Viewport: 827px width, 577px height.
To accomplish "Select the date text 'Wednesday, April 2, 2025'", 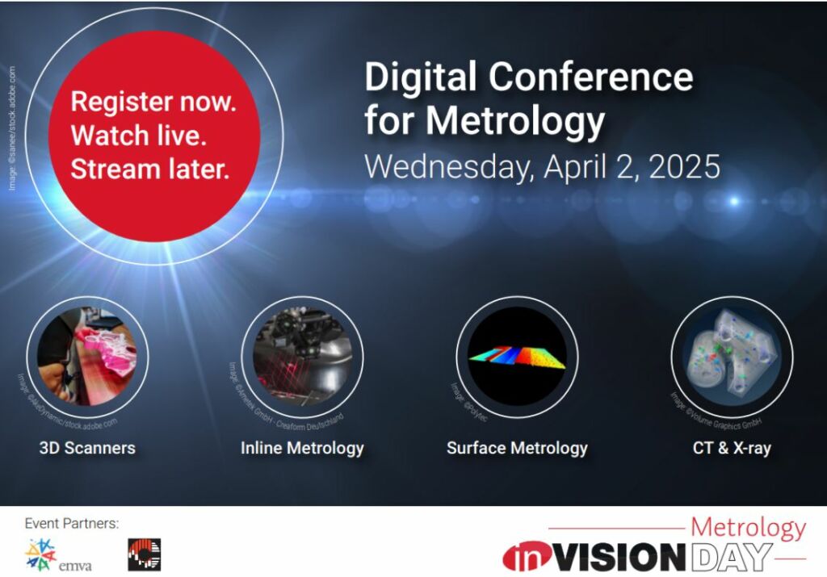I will click(541, 166).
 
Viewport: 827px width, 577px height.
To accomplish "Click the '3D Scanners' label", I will click(87, 447).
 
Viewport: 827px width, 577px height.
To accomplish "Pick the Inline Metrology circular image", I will click(302, 356).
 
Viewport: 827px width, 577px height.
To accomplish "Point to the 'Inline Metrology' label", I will click(302, 447).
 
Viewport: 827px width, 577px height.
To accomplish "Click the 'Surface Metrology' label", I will click(517, 447).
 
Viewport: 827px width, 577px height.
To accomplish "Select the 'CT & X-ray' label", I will click(732, 447).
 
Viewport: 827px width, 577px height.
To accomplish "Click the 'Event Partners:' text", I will click(72, 523).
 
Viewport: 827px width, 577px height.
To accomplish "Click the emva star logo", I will click(40, 554).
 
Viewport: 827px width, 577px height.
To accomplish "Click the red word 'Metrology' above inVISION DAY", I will click(748, 528).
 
